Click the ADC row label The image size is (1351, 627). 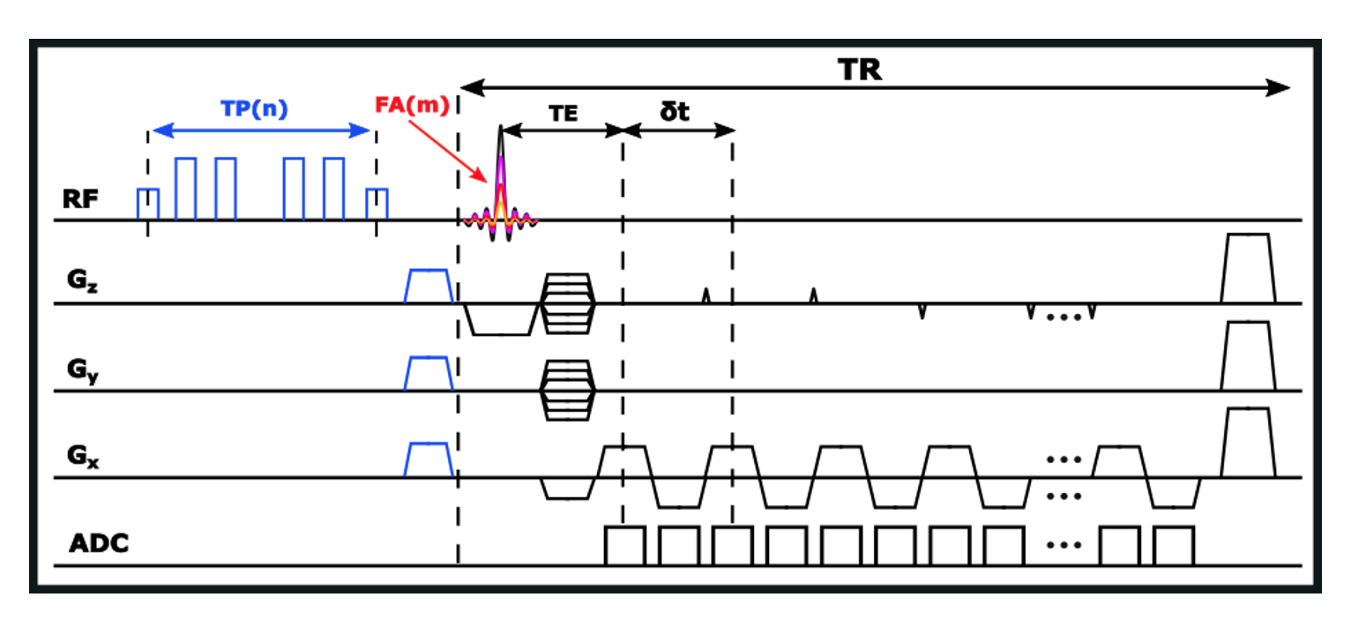click(x=99, y=544)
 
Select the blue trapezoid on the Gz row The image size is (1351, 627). click(x=429, y=286)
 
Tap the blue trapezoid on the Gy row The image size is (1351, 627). click(x=429, y=372)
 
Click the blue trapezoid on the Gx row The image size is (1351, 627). click(x=429, y=459)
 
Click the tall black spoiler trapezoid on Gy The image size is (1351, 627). click(x=1248, y=355)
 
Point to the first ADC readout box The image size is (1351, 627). click(x=625, y=546)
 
